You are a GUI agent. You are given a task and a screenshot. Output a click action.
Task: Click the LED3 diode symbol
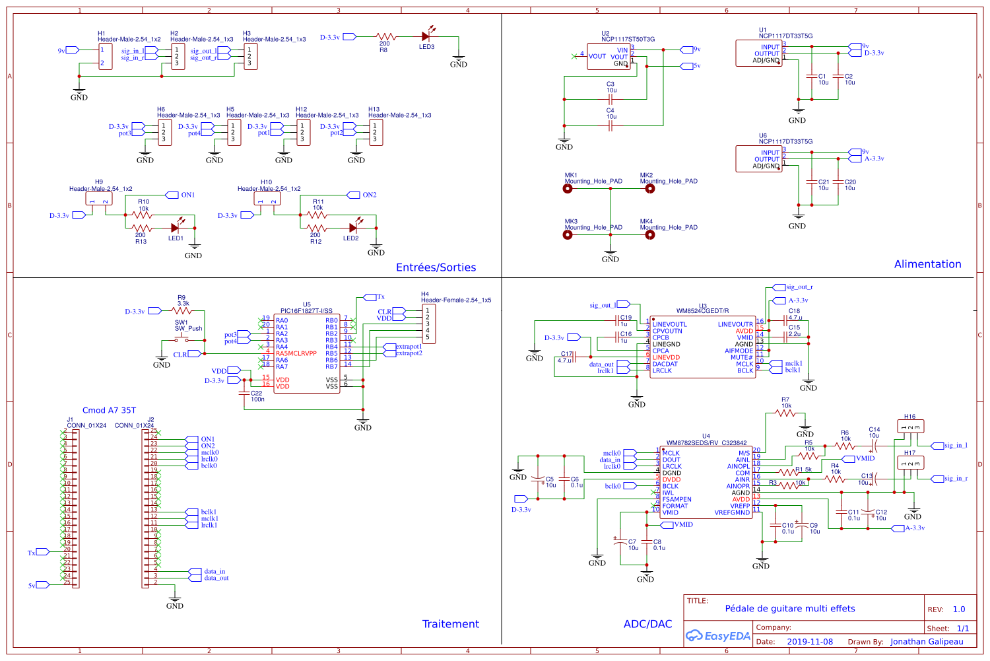(x=426, y=37)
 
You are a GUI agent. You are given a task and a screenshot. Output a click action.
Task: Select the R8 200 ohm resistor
(x=385, y=37)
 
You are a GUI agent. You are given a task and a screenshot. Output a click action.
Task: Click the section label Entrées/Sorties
(x=436, y=267)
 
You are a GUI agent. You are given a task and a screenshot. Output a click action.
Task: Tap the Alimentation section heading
(x=927, y=264)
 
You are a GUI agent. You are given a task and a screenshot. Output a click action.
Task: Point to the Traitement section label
(x=451, y=624)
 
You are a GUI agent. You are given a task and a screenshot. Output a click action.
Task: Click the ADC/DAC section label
(x=647, y=624)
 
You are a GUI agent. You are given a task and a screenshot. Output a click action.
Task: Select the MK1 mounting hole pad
(x=568, y=189)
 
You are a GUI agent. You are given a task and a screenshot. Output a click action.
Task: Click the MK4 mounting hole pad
(x=649, y=234)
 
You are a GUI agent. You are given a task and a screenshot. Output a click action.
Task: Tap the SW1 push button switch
(x=181, y=340)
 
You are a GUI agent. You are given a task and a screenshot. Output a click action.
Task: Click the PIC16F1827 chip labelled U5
(x=307, y=353)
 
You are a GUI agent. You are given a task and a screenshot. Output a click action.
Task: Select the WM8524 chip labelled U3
(x=702, y=347)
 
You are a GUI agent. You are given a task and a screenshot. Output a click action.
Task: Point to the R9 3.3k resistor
(x=181, y=310)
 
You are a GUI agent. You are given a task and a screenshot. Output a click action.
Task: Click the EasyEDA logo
(x=718, y=636)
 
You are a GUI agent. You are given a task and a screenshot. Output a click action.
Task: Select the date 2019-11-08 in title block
(x=810, y=642)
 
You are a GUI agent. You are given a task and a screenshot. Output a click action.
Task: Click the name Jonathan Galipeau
(x=927, y=642)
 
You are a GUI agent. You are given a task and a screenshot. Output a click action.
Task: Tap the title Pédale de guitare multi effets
(x=790, y=609)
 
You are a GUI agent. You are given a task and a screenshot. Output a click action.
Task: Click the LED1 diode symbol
(x=176, y=228)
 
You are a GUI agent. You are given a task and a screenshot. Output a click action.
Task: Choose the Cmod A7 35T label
(x=109, y=410)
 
